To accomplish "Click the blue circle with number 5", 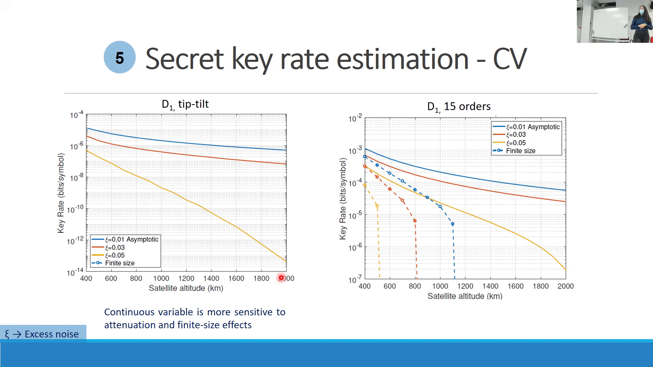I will point(119,57).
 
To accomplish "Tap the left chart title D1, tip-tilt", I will point(185,104).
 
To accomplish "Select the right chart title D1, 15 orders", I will point(458,107).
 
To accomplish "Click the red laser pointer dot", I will point(281,278).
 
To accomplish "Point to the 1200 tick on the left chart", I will point(186,279).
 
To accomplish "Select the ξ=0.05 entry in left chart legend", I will point(115,255).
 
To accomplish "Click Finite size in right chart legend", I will point(520,151).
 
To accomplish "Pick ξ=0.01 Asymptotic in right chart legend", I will point(533,127).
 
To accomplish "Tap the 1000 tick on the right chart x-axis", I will point(440,286).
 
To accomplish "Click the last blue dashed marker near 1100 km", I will point(452,224).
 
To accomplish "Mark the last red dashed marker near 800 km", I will point(415,221).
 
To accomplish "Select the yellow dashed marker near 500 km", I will point(377,206).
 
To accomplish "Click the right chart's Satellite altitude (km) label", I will point(465,296).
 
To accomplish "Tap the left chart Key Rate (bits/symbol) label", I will point(61,193).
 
